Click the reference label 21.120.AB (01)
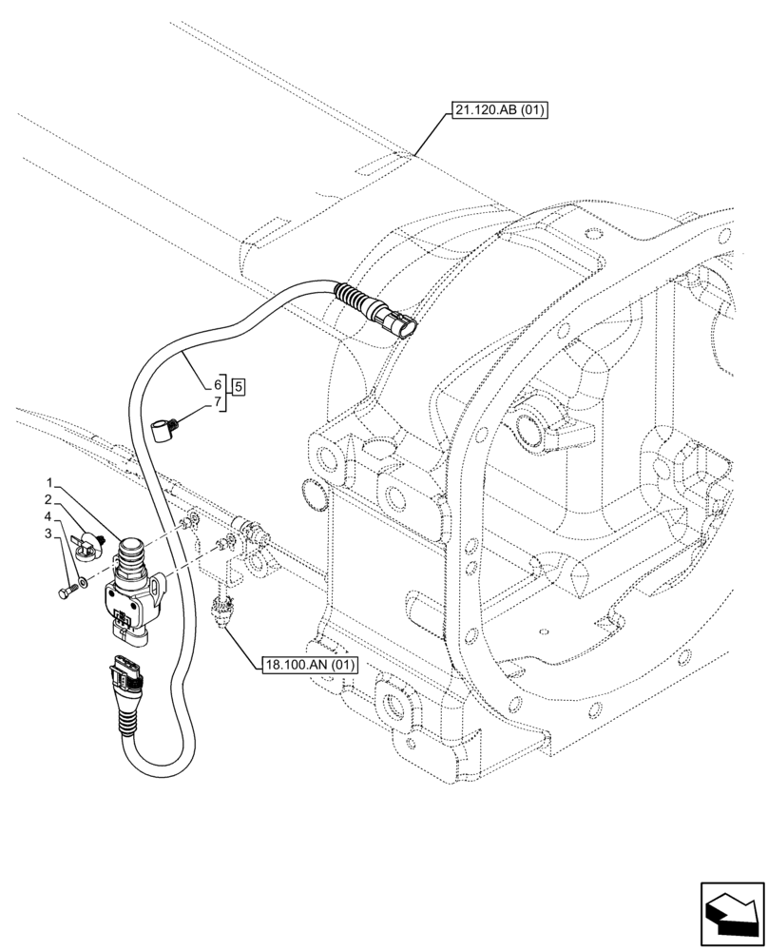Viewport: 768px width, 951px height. (x=498, y=111)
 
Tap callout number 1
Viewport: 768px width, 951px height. (x=49, y=483)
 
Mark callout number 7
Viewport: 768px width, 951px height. (x=217, y=403)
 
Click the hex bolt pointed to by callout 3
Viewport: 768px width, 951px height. (x=67, y=593)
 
